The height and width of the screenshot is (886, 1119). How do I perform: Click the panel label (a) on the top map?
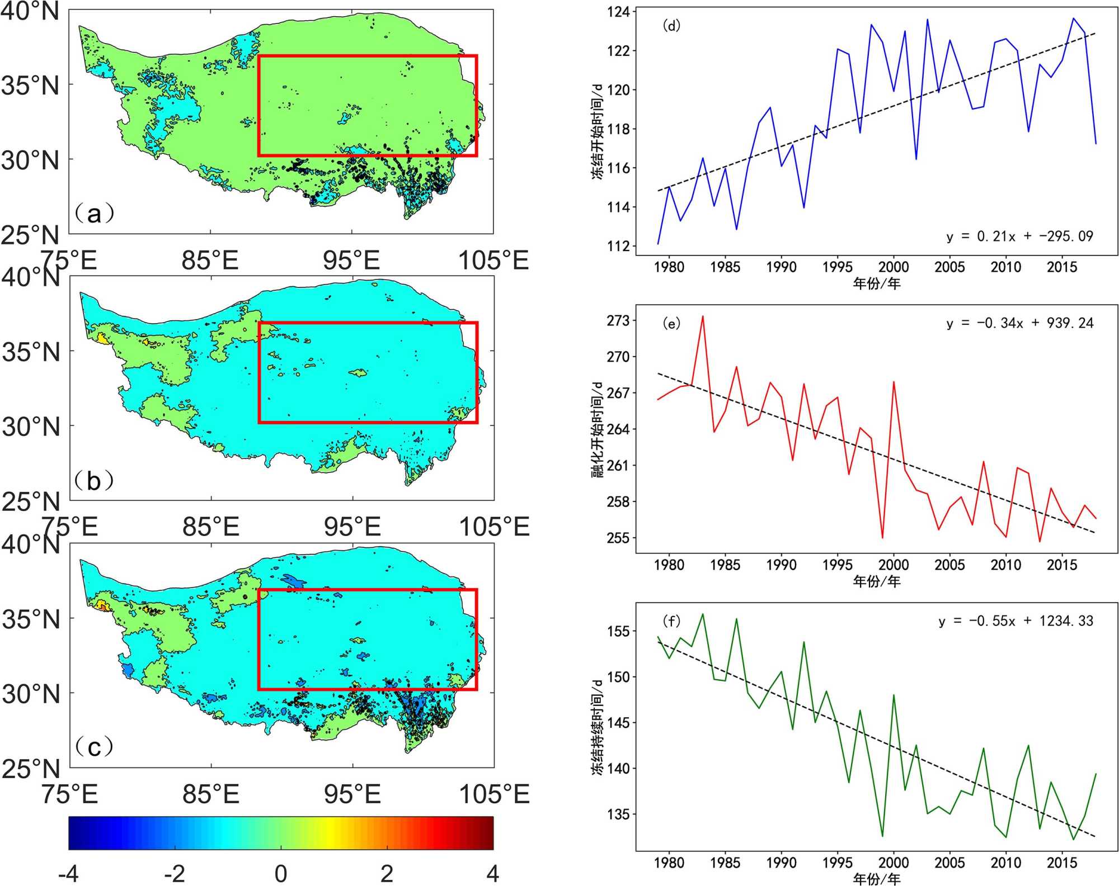(94, 214)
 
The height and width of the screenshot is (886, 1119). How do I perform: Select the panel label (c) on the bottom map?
(94, 747)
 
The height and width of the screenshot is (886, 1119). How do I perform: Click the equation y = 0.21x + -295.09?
(1019, 236)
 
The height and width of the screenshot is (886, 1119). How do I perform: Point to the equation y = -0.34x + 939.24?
(1019, 323)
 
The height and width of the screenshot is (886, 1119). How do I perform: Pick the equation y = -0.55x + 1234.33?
(1015, 621)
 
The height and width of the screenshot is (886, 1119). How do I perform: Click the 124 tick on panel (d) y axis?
(618, 12)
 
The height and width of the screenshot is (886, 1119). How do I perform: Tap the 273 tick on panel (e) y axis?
(618, 321)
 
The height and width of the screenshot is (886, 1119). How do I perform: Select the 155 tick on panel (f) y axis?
(618, 632)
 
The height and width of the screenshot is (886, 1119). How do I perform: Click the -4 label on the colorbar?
(68, 874)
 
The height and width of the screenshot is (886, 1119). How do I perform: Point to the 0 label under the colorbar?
(281, 874)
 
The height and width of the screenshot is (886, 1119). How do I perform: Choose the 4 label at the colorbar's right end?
(492, 874)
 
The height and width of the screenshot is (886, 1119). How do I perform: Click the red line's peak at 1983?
(703, 316)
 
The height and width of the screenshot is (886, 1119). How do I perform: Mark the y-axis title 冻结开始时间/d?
(598, 132)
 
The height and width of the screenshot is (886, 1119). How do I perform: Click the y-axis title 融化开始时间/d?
(598, 430)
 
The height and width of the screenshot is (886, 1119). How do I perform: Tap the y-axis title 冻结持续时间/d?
(598, 727)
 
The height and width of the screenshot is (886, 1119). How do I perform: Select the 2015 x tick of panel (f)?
(1062, 863)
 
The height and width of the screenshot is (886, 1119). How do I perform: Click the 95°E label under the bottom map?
(352, 794)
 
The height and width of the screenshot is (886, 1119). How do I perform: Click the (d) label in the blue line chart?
(671, 26)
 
